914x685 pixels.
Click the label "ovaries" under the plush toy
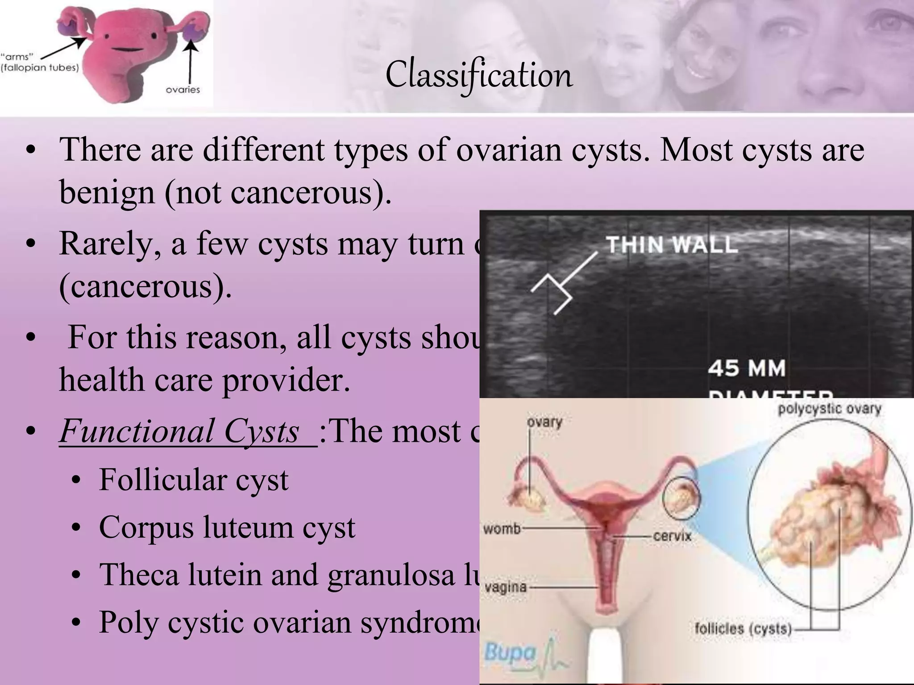tap(183, 90)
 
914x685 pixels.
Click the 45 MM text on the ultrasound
tap(747, 368)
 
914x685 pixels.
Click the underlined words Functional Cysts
tap(187, 432)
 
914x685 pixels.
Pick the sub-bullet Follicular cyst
tap(193, 480)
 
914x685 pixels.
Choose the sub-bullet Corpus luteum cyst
tap(227, 528)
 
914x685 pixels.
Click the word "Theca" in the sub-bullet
tap(139, 574)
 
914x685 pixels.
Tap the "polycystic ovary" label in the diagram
tap(829, 409)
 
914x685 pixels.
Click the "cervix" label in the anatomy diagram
tap(672, 536)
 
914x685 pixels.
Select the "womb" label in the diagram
tap(502, 529)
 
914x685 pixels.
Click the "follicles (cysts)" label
tap(743, 629)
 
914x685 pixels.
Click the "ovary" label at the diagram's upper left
tap(544, 422)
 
